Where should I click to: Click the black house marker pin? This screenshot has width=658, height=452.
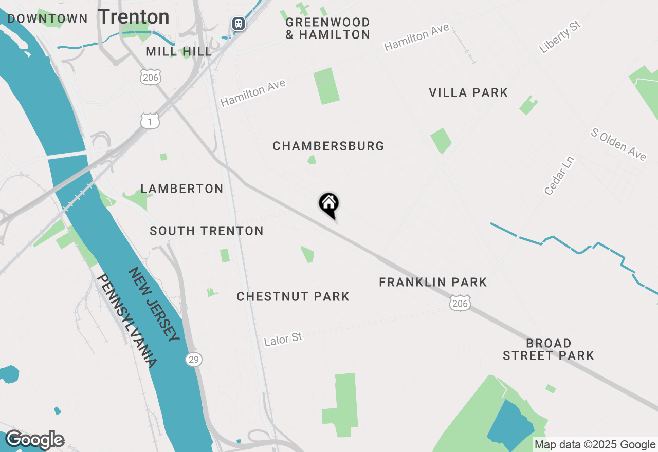click(329, 204)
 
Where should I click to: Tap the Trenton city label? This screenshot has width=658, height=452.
click(134, 17)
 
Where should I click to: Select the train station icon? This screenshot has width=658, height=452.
click(238, 23)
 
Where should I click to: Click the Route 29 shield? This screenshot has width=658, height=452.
click(194, 359)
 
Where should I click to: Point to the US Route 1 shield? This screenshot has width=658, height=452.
click(150, 121)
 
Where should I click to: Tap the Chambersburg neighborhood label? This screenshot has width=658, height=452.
click(328, 146)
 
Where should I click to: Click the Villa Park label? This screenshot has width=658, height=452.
click(468, 92)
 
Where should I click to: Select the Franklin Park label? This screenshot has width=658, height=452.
click(433, 282)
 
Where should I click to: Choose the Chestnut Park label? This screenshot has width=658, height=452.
click(293, 296)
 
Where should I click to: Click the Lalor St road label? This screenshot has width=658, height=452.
click(283, 339)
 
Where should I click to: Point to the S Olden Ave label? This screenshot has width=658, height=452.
click(618, 144)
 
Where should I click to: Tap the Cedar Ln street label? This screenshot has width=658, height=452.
click(559, 176)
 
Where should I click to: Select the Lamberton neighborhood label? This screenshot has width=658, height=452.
click(182, 189)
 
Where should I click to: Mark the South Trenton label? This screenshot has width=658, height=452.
click(207, 231)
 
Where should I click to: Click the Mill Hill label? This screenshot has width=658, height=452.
click(178, 51)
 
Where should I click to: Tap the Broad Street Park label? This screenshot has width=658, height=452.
click(549, 349)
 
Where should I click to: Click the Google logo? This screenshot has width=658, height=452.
click(35, 440)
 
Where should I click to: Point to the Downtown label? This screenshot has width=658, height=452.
click(48, 19)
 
